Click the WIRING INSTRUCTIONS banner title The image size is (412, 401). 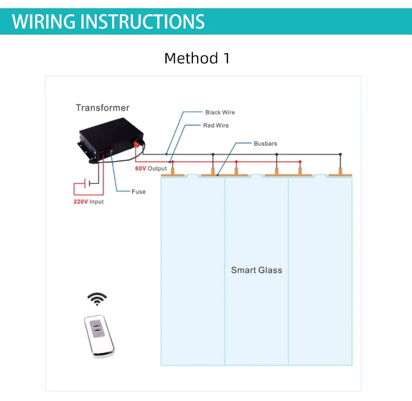[x=108, y=21]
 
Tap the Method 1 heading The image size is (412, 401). [x=197, y=58]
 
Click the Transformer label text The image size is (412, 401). [x=103, y=108]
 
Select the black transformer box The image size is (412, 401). [x=111, y=140]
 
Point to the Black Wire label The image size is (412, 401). [x=220, y=113]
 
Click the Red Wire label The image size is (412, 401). [x=216, y=126]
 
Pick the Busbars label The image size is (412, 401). [x=265, y=143]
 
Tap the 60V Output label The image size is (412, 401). [x=151, y=169]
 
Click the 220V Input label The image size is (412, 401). [x=88, y=202]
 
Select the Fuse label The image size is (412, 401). [x=138, y=192]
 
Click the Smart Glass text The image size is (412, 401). [x=257, y=270]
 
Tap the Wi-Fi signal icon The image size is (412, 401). [x=97, y=299]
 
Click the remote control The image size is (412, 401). [x=99, y=336]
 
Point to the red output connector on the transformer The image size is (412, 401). [x=137, y=143]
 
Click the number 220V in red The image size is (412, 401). [x=81, y=202]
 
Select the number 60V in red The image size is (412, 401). [x=141, y=169]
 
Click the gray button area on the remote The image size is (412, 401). [x=97, y=328]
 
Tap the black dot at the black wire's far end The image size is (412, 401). [x=340, y=154]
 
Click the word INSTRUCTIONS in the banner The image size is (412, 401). [x=142, y=21]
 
